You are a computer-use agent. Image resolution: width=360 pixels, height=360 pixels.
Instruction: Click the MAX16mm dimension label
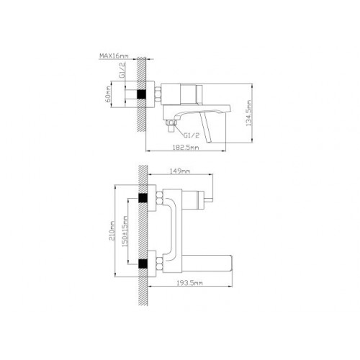coord(114,56)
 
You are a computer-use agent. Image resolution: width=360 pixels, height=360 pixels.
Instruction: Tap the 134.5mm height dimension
coord(248,112)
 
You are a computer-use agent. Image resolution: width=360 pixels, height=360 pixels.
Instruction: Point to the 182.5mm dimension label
coord(186,147)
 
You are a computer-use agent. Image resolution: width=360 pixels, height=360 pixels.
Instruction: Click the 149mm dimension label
coord(180,171)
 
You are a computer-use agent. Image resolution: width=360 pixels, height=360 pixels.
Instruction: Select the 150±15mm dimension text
coord(125,232)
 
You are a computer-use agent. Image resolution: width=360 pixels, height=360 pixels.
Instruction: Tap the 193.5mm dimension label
coord(189,283)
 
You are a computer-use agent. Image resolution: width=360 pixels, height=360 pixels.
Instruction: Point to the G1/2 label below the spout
coord(192,135)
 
